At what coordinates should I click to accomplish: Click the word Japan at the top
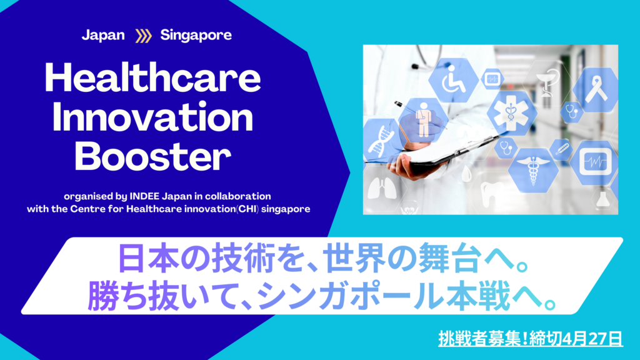(x=103, y=36)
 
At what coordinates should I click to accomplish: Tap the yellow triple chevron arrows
(x=143, y=36)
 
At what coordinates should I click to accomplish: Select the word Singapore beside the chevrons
(x=196, y=36)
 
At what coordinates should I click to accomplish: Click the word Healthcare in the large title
(x=152, y=78)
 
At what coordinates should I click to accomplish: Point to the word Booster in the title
(x=152, y=157)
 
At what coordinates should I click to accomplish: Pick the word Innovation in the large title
(x=152, y=117)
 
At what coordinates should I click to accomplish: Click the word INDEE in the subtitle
(x=144, y=196)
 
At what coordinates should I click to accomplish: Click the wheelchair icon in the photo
(x=454, y=81)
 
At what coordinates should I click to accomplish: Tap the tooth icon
(x=490, y=194)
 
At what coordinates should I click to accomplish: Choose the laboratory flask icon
(x=604, y=199)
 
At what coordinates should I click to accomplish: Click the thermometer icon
(x=562, y=149)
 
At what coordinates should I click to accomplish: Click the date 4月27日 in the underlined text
(x=592, y=339)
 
